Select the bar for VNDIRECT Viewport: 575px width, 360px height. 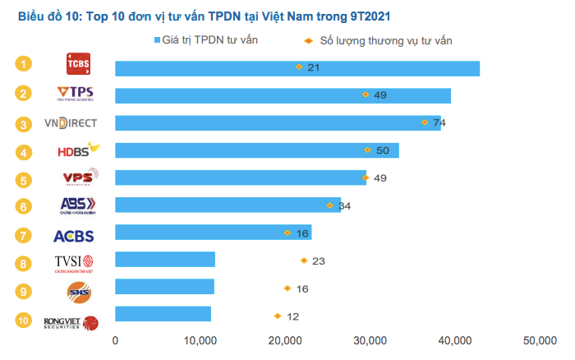[x=278, y=123]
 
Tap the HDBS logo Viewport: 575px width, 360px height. [x=77, y=151]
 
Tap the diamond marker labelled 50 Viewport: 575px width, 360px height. [x=367, y=150]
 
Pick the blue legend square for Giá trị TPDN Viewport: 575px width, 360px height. [x=156, y=40]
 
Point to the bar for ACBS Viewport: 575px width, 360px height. [x=213, y=233]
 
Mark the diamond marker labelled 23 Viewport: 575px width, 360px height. [x=304, y=261]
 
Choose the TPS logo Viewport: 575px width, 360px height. [x=76, y=94]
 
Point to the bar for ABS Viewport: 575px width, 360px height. [x=228, y=205]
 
